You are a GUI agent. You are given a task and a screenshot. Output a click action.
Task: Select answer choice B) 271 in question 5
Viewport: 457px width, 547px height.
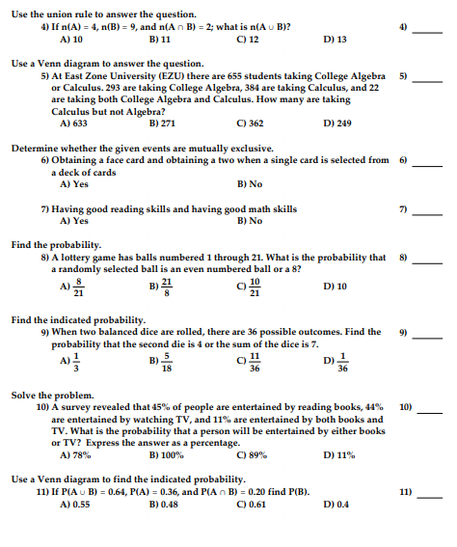pyautogui.click(x=162, y=123)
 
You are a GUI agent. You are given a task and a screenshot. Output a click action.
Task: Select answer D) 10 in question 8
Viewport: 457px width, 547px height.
pyautogui.click(x=336, y=286)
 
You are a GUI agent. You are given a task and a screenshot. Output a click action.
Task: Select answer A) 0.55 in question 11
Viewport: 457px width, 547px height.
pyautogui.click(x=75, y=504)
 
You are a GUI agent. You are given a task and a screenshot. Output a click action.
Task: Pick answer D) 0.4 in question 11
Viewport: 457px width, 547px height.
pyautogui.click(x=337, y=504)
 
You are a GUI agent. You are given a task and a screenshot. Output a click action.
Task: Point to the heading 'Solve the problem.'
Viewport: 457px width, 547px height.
pyautogui.click(x=52, y=396)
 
